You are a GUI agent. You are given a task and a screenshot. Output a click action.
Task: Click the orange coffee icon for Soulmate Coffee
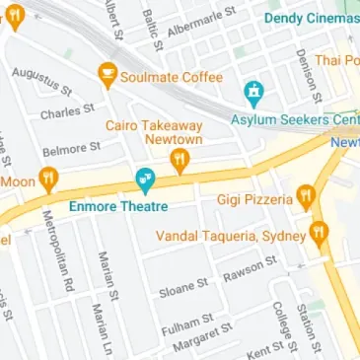click(107, 74)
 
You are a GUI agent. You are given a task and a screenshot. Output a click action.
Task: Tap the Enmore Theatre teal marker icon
click(144, 180)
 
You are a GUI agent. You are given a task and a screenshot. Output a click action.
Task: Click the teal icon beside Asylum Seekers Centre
click(255, 94)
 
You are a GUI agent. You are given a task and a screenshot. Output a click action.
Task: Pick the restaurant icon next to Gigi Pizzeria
click(307, 198)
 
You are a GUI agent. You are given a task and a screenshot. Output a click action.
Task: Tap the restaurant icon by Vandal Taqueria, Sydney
click(318, 234)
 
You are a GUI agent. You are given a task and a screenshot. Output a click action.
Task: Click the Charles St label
click(66, 111)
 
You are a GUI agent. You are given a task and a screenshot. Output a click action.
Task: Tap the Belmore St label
click(72, 149)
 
